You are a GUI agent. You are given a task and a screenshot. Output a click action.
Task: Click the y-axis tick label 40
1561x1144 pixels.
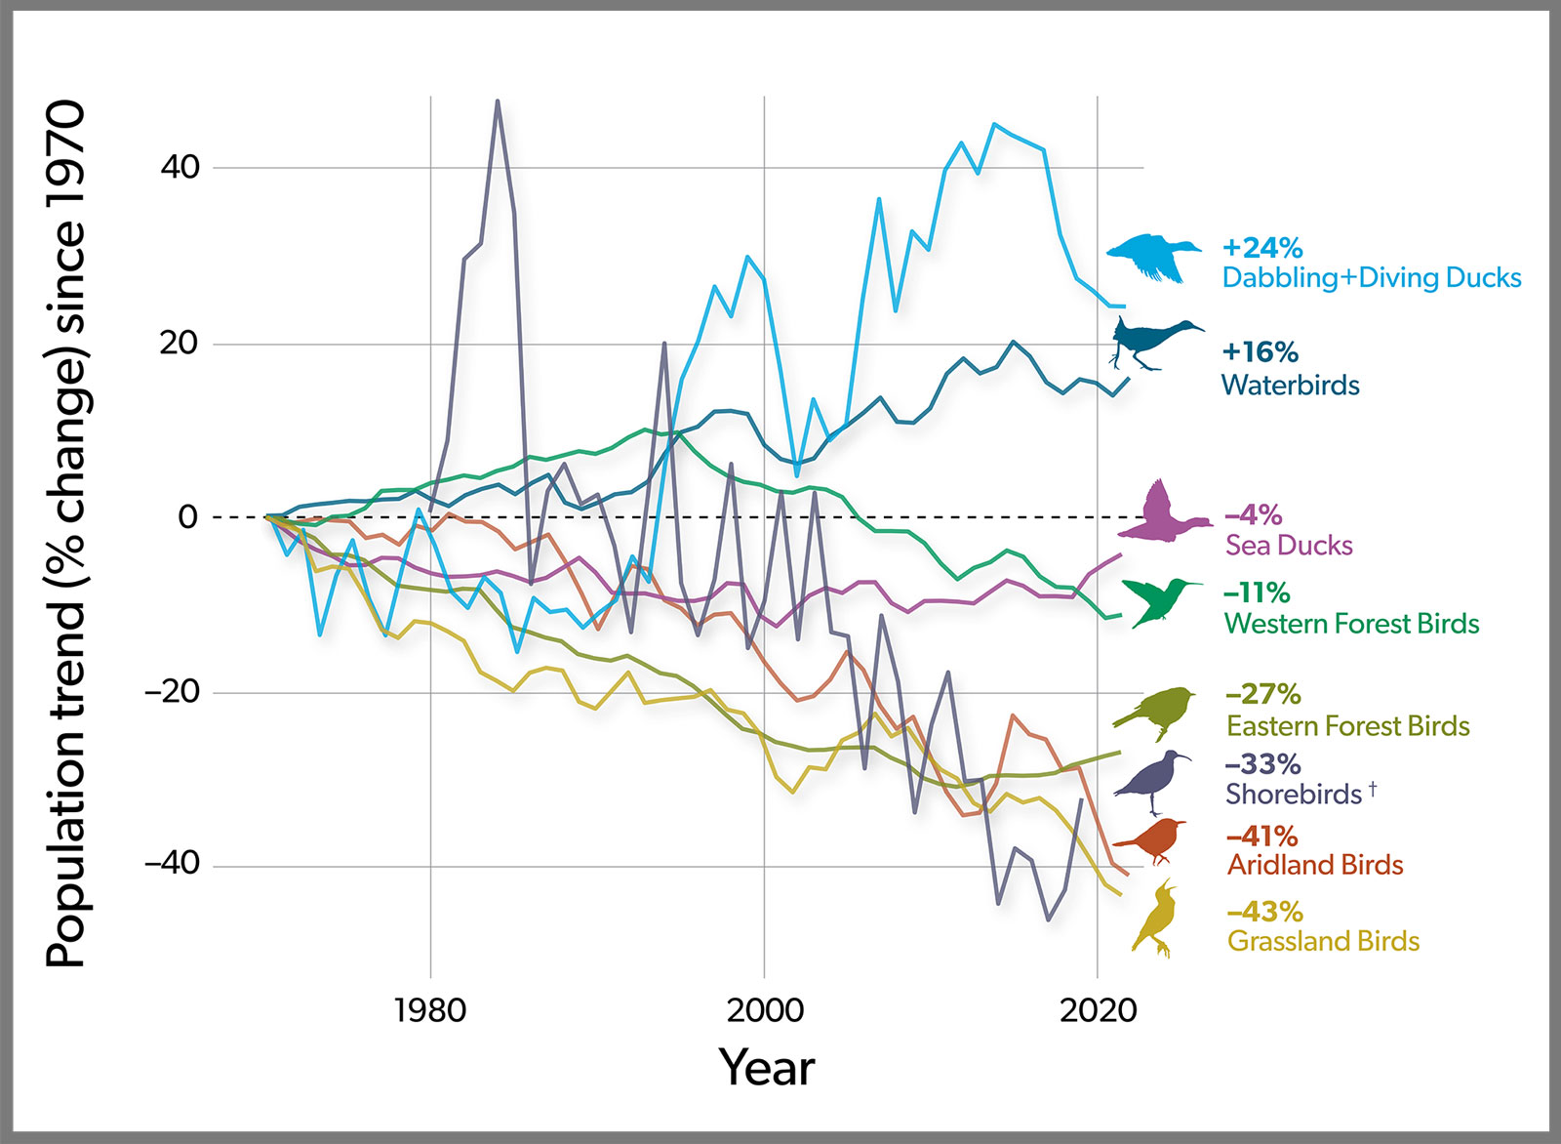click(180, 167)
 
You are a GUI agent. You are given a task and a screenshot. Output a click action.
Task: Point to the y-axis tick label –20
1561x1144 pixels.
click(172, 692)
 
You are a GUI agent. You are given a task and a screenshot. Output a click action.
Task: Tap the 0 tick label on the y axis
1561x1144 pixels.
click(188, 517)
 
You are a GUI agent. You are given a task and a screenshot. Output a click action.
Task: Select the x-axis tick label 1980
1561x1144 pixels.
click(429, 1010)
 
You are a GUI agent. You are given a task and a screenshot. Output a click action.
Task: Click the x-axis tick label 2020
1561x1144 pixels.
click(1098, 1010)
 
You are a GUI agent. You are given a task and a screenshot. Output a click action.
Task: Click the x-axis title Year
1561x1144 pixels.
click(766, 1067)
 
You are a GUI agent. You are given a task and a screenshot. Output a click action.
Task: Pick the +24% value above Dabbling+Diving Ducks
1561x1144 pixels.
click(1261, 248)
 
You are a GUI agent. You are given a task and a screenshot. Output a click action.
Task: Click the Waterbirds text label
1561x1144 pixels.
click(1290, 385)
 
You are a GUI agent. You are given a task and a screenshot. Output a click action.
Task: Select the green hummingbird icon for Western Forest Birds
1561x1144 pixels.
click(1159, 598)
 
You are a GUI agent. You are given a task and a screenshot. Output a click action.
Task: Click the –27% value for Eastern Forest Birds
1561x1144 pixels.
click(1262, 694)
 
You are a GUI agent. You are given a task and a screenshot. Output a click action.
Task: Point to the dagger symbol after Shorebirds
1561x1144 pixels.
click(1372, 788)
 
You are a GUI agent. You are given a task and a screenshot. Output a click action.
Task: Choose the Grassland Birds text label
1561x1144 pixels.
click(1323, 941)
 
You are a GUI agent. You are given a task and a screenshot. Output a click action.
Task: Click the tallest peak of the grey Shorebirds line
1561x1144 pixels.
click(498, 102)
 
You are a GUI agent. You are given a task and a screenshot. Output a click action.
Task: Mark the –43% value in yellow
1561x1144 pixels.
click(1264, 912)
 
